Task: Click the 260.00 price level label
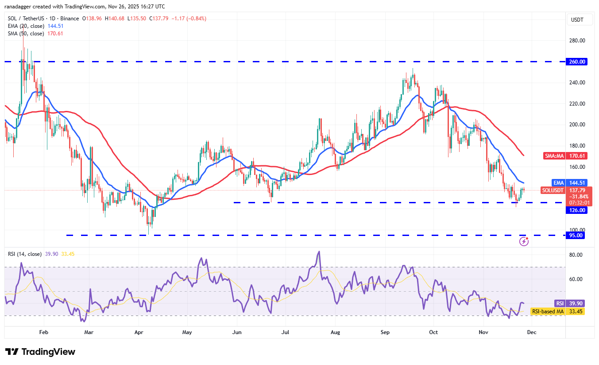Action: (x=578, y=62)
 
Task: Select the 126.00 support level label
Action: (x=578, y=210)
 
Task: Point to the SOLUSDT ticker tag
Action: (x=553, y=190)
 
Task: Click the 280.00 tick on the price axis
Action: (x=577, y=41)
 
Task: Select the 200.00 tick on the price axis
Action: (x=577, y=125)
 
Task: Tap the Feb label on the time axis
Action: (x=43, y=332)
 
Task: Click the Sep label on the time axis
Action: (x=385, y=332)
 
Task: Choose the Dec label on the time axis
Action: (x=532, y=332)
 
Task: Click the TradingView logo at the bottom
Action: (x=40, y=352)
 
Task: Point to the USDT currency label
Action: (x=578, y=20)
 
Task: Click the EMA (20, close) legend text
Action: (x=26, y=26)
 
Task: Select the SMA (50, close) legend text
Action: (x=26, y=34)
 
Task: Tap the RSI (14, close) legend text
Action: (x=25, y=254)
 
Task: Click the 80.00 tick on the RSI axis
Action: (x=576, y=255)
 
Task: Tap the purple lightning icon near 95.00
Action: (x=524, y=241)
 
